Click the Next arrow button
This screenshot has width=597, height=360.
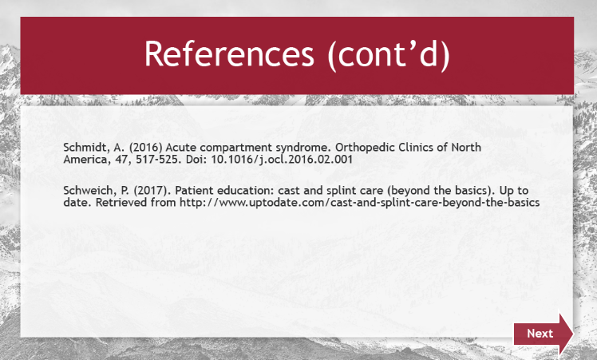543,334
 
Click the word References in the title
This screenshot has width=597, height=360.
229,53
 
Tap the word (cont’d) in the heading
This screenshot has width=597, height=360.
389,55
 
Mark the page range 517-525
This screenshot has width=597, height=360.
158,159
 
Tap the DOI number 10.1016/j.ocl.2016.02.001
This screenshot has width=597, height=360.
282,159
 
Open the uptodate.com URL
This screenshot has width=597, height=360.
360,203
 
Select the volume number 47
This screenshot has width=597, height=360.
123,159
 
